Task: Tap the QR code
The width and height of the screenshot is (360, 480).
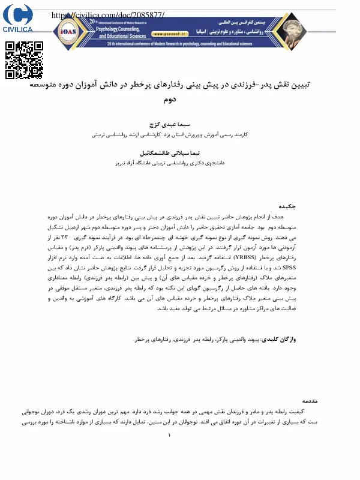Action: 25,60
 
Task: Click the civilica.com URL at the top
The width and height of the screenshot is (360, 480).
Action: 108,15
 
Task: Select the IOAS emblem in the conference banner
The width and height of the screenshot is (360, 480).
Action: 67,30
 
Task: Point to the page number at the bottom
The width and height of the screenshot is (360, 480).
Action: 170,444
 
